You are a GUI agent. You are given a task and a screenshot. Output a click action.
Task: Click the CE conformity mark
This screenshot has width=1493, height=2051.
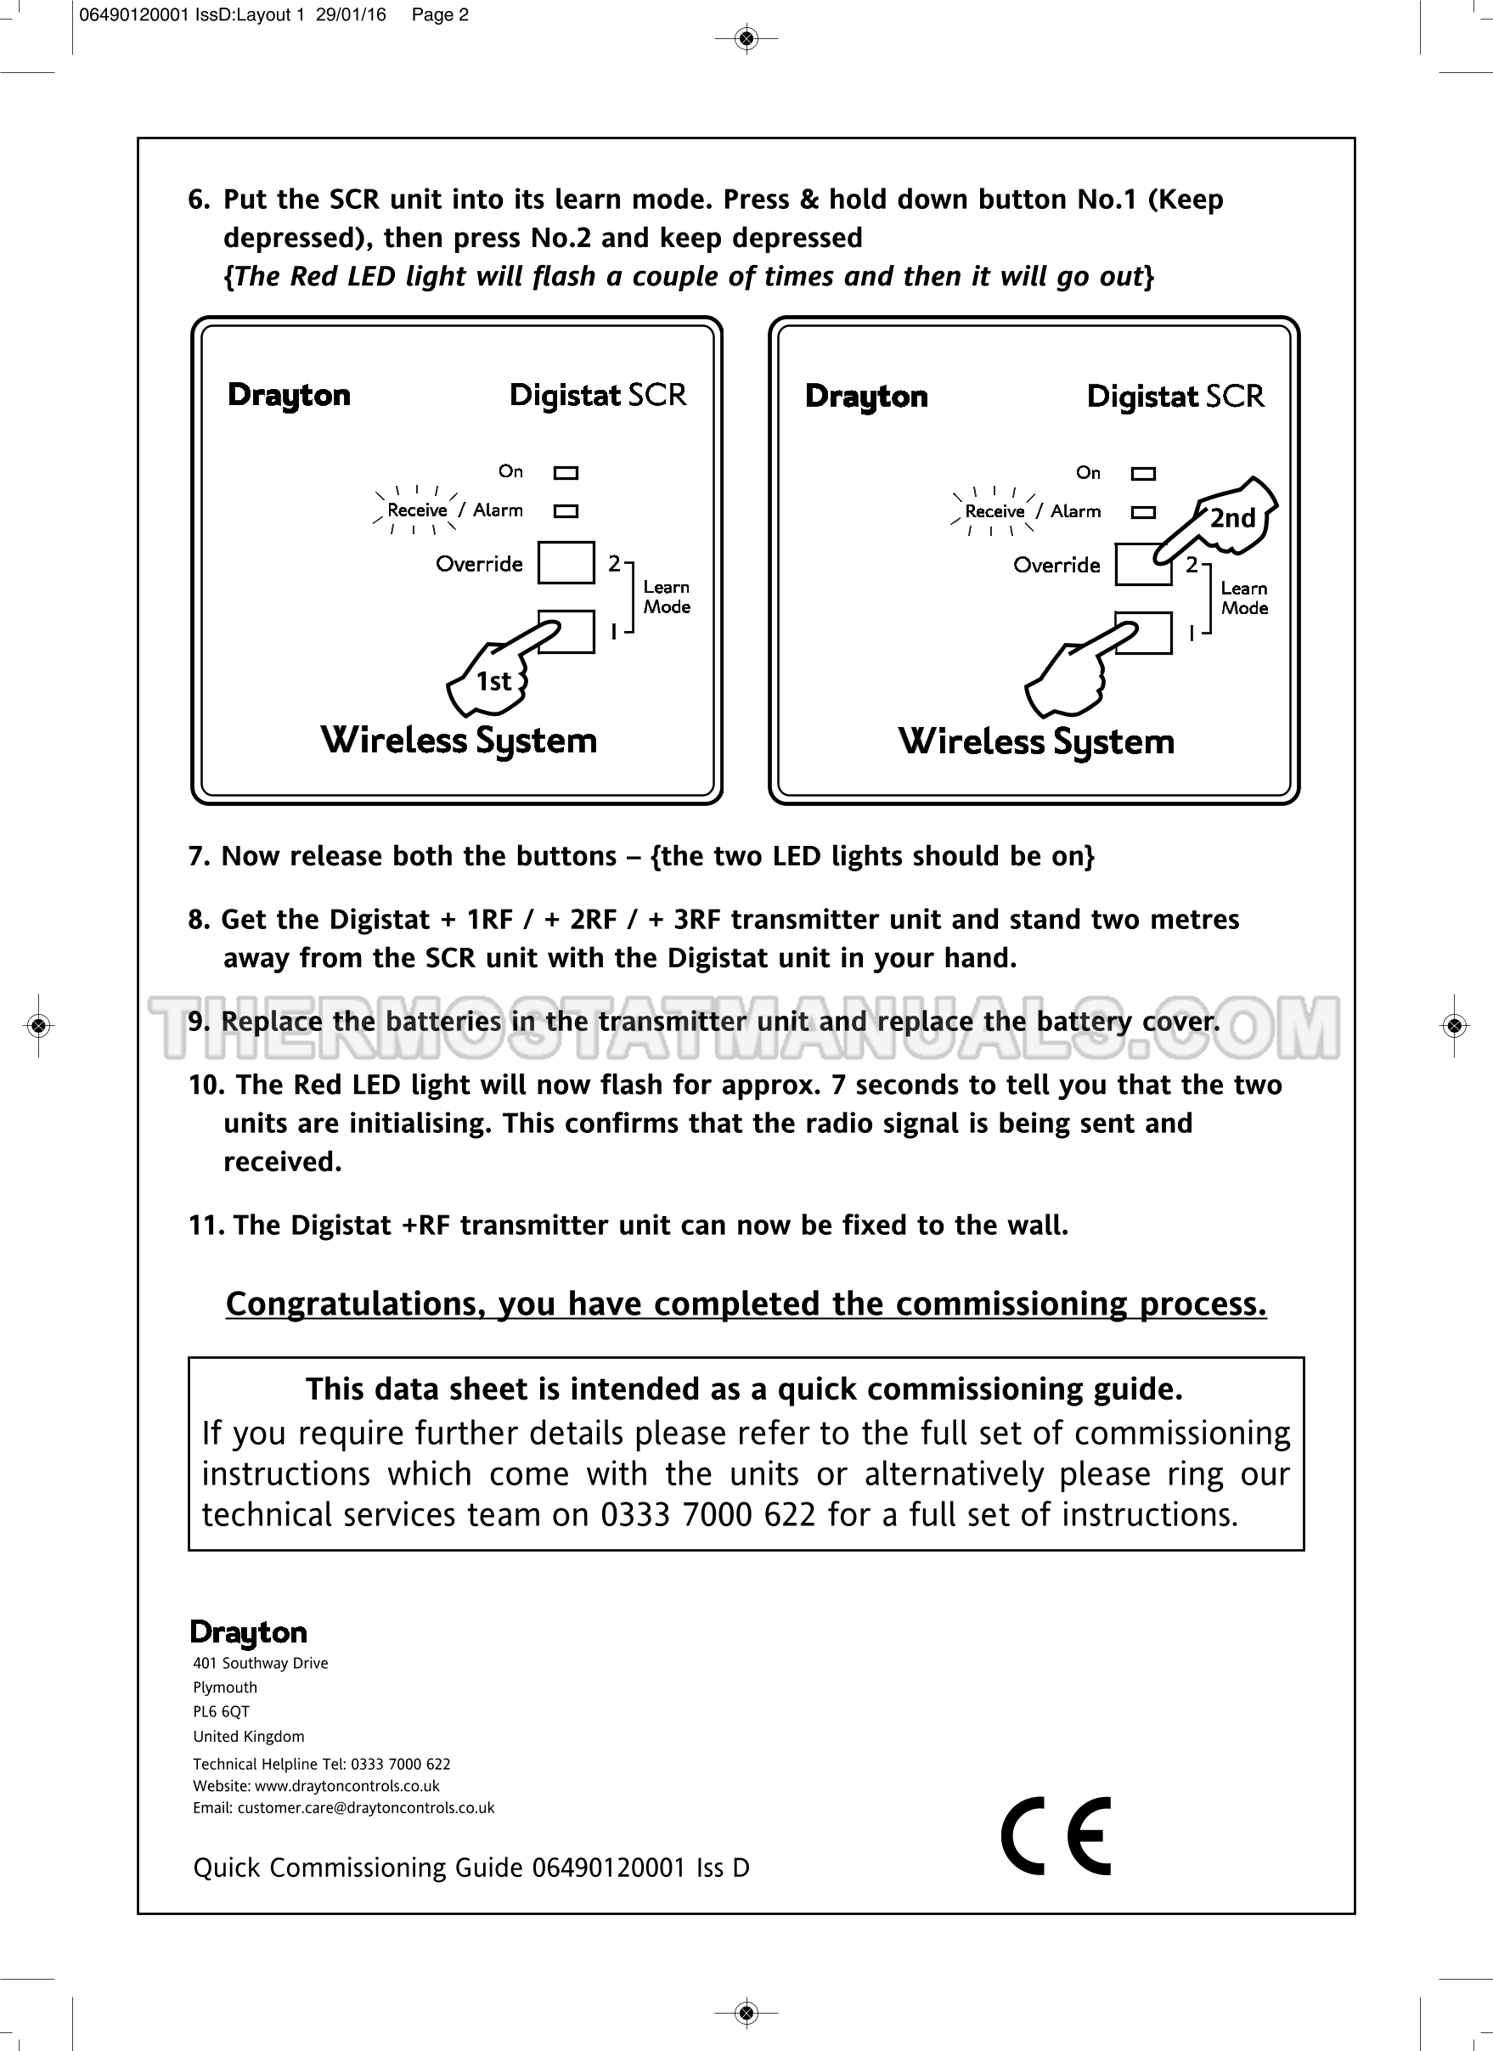1056,1836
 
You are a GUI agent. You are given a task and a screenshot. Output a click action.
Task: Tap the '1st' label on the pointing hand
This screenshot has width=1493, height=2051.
493,681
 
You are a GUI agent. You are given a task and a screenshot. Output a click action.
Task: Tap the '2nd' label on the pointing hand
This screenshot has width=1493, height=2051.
1232,518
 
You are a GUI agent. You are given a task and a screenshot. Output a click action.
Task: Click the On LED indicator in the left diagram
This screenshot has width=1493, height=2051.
566,472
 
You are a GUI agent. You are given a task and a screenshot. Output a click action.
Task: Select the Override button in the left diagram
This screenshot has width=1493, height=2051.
566,562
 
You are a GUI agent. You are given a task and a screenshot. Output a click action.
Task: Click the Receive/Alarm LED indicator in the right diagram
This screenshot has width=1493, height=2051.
1144,512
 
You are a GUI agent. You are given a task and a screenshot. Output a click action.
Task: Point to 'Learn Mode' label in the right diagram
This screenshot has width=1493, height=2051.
1244,599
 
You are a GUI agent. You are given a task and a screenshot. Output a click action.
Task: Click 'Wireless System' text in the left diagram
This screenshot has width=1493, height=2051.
459,741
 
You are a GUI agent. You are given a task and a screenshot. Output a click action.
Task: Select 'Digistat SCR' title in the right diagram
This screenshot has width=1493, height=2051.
1175,396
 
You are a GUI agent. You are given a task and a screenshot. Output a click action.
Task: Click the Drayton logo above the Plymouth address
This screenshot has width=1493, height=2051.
249,1632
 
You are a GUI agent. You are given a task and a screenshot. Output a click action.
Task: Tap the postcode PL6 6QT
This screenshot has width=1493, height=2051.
222,1712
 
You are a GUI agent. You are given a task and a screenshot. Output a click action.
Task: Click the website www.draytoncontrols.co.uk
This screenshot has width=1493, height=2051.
347,1786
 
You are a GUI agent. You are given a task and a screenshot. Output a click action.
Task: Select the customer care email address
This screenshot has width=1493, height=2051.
366,1808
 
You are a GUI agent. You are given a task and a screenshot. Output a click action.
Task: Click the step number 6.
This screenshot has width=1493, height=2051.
198,200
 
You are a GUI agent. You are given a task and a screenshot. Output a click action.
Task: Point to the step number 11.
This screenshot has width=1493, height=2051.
206,1226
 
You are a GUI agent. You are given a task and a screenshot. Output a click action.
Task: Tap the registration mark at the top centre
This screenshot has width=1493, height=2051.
746,38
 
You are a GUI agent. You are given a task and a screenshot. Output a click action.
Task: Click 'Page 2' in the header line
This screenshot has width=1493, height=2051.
441,14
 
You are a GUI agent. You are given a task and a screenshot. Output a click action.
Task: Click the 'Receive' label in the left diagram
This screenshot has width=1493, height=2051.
417,510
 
